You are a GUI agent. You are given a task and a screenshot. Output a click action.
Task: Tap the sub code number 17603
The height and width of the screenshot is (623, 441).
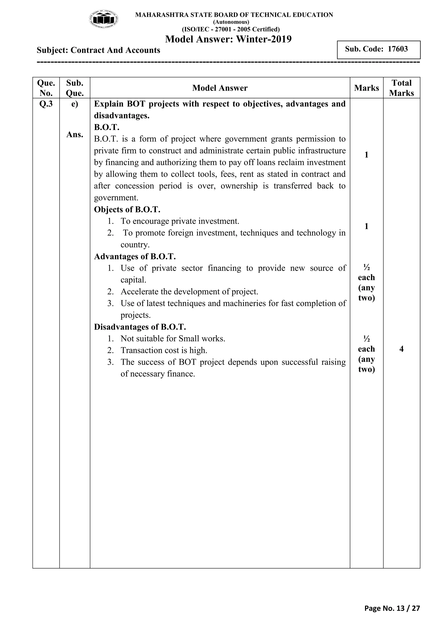pos(398,49)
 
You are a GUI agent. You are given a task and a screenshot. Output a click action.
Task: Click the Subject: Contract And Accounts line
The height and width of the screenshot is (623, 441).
pos(98,50)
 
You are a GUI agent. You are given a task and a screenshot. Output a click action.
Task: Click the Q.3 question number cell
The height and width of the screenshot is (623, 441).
pos(46,104)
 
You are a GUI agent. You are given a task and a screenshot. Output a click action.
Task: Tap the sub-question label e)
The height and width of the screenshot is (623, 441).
pos(75,104)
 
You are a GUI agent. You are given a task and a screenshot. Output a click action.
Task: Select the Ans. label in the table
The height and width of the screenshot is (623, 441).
pos(75,134)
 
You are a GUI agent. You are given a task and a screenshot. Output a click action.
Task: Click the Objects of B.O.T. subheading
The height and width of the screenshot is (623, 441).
pos(127,209)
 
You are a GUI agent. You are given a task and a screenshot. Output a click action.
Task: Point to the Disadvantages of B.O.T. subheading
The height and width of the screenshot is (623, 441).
pos(140,327)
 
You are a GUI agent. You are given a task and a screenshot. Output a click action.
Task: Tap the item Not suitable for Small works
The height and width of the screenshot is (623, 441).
pos(173,339)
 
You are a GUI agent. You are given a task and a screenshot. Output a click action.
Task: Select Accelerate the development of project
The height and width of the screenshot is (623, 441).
pos(189,292)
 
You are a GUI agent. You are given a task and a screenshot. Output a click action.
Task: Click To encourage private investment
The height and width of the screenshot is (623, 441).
pos(180,221)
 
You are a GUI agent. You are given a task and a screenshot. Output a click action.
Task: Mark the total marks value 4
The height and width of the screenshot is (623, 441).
pos(401,349)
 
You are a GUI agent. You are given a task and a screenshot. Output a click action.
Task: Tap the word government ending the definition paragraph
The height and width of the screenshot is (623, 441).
pos(116,198)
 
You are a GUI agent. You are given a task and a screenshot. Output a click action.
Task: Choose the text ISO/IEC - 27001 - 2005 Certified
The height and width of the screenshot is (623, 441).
pos(231,29)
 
